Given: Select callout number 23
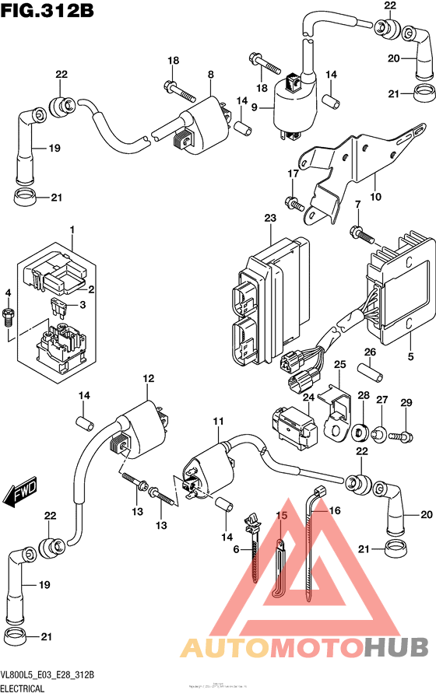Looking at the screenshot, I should tap(270, 219).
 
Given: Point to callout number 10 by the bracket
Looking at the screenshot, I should tap(376, 198).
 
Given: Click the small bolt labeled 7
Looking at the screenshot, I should tap(358, 231).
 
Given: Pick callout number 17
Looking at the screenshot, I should tap(293, 175).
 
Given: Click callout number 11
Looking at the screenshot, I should tap(218, 421).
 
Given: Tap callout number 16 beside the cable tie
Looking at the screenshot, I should tap(336, 510).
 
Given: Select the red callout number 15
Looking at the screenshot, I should tap(281, 516).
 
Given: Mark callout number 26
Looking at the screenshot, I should tap(370, 352).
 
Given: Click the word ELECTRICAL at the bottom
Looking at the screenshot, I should tap(22, 688).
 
